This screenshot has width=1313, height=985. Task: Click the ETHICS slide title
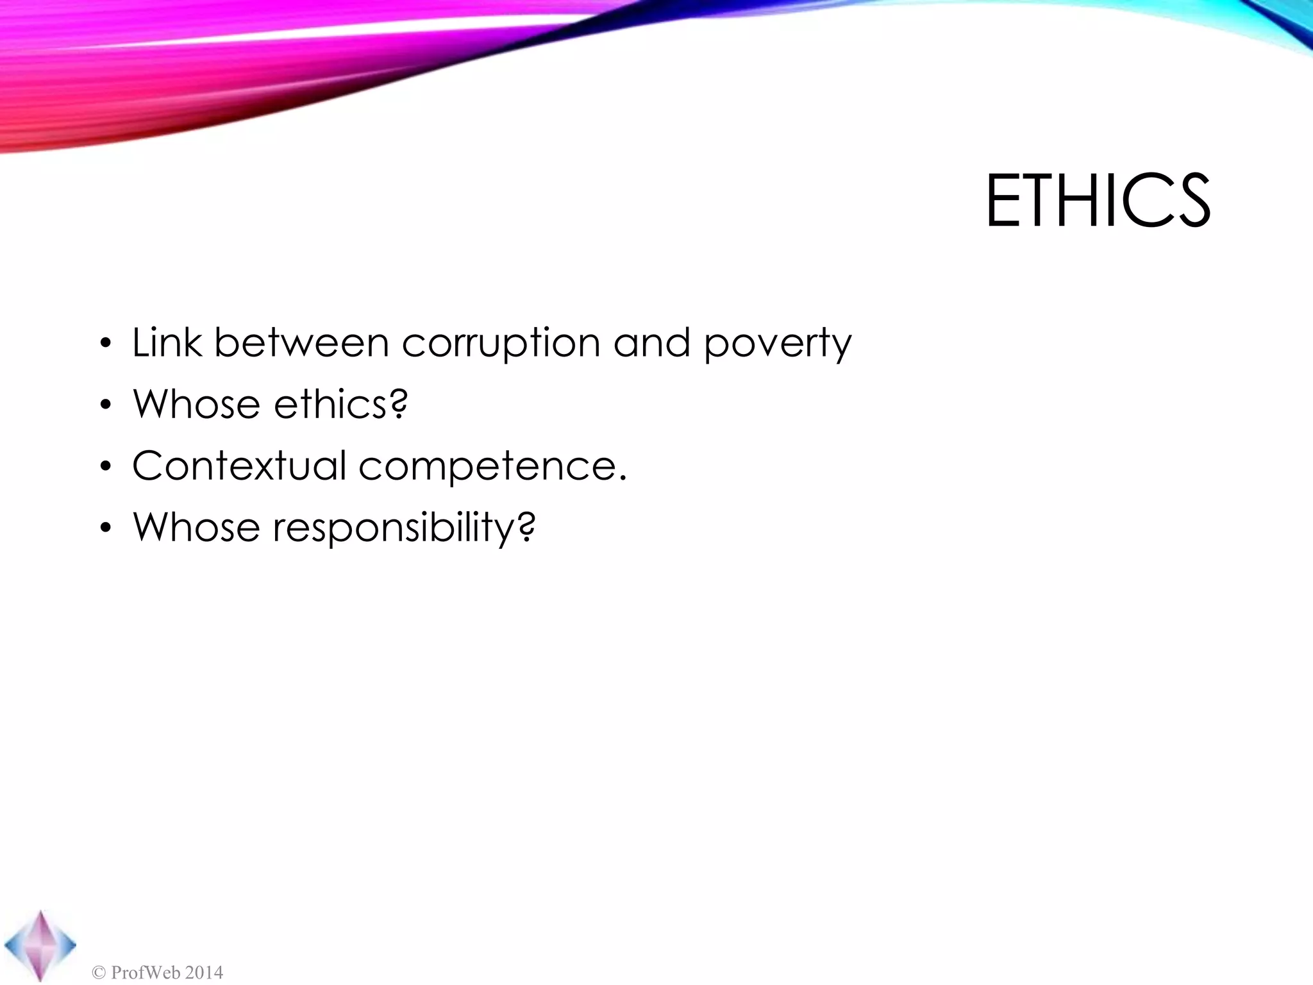[1098, 201]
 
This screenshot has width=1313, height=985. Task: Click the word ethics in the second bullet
[330, 404]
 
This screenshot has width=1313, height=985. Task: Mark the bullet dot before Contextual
[106, 467]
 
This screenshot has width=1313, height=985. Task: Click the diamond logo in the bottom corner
[40, 945]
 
